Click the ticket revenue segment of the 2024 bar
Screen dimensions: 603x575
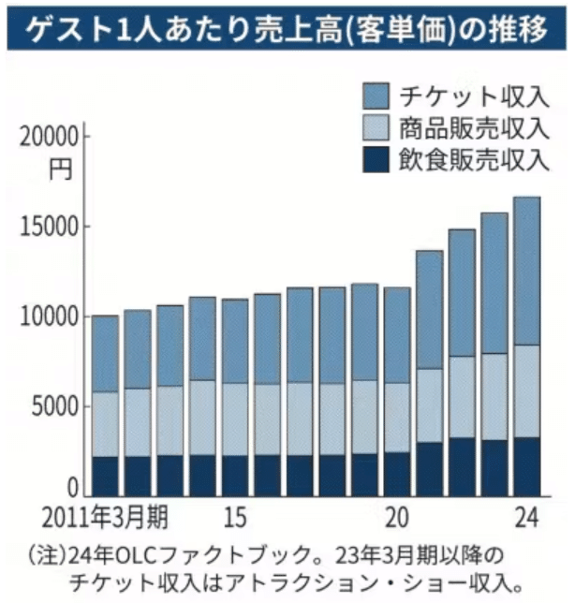click(x=526, y=271)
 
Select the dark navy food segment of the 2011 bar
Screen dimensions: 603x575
click(x=105, y=476)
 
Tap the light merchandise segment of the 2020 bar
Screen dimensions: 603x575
click(x=397, y=418)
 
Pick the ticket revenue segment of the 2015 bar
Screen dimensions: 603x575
click(x=235, y=341)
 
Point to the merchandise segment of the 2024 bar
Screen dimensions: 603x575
click(x=526, y=391)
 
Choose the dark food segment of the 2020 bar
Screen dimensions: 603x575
click(x=397, y=473)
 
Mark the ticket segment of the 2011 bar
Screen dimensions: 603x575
click(x=105, y=354)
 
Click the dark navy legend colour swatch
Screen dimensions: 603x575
click(x=375, y=158)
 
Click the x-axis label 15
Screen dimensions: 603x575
click(x=235, y=517)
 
